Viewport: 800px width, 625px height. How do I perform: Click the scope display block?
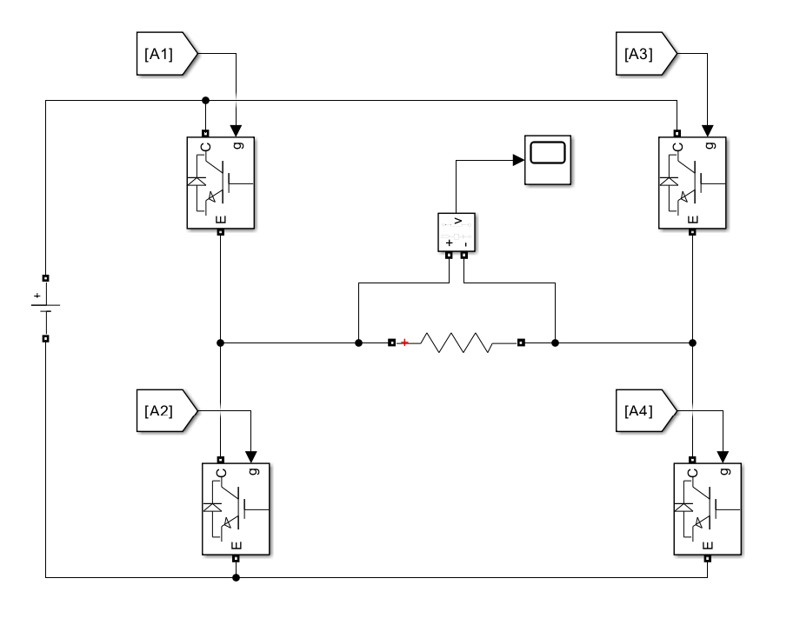pos(548,160)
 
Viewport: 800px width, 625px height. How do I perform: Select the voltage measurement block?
pos(457,232)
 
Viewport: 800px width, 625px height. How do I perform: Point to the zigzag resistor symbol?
pos(457,342)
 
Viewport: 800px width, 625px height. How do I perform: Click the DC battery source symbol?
pos(45,309)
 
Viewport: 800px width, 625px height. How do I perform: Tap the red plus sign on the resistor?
pos(404,342)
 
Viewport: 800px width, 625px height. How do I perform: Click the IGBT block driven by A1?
pos(220,183)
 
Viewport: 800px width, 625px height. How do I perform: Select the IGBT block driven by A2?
pos(236,509)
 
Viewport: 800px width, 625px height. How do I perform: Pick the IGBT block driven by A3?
pos(692,183)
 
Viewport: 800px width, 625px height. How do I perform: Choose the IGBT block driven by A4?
pos(708,509)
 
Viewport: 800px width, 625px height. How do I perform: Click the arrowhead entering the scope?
pos(518,160)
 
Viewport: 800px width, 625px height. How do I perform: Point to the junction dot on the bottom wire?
pos(236,577)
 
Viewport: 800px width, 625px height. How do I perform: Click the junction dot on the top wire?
pos(205,101)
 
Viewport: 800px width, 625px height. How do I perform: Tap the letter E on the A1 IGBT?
pos(221,220)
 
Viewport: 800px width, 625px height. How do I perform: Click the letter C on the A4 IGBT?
pos(692,473)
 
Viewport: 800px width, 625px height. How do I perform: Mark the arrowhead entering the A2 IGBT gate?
pos(251,456)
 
